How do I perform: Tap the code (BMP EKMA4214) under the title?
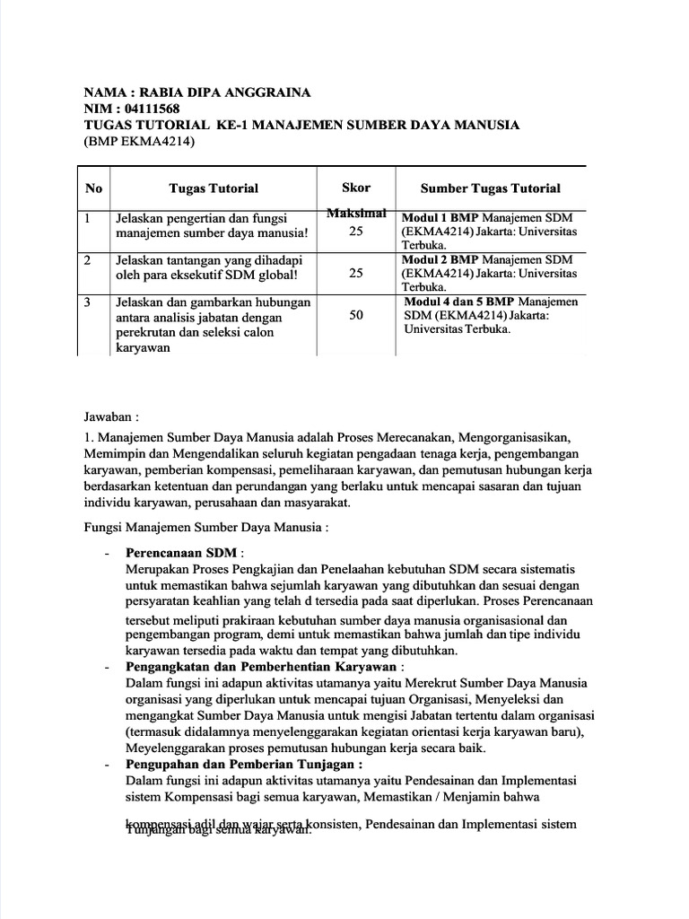(x=139, y=141)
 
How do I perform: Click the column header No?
(x=93, y=188)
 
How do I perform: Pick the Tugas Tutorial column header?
(x=214, y=188)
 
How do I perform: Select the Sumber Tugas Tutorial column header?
(x=491, y=188)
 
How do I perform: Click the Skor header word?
(x=356, y=188)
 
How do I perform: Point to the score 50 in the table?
(x=356, y=316)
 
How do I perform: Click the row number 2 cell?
(x=88, y=259)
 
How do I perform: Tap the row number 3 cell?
(x=88, y=302)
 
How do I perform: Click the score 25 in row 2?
(x=356, y=274)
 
